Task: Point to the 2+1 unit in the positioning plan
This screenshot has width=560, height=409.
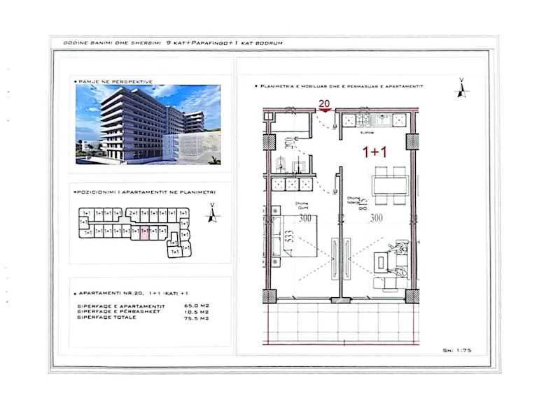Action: (133, 213)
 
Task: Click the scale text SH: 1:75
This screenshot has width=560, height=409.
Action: (458, 350)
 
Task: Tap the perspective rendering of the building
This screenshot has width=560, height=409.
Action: (148, 124)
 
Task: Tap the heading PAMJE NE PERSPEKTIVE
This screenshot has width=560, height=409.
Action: (113, 82)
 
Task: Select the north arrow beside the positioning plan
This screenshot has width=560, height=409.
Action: (211, 213)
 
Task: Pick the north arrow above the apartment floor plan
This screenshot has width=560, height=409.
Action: (461, 88)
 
